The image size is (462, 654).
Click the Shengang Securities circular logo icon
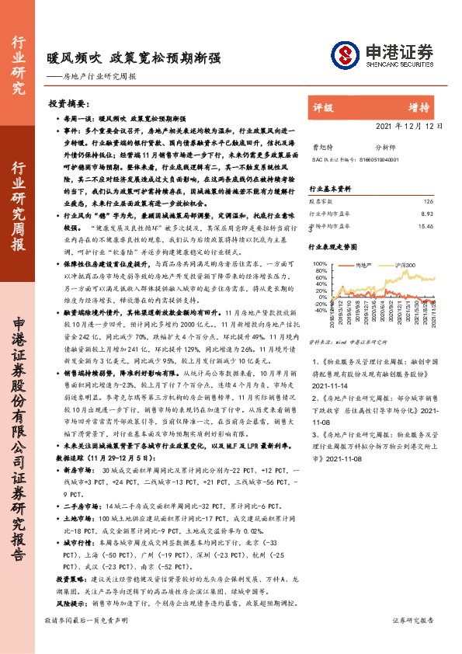click(x=346, y=54)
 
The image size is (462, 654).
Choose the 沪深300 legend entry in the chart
click(x=412, y=265)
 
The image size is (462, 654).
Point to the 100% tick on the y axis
click(x=318, y=265)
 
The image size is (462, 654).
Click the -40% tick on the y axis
click(x=318, y=309)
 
